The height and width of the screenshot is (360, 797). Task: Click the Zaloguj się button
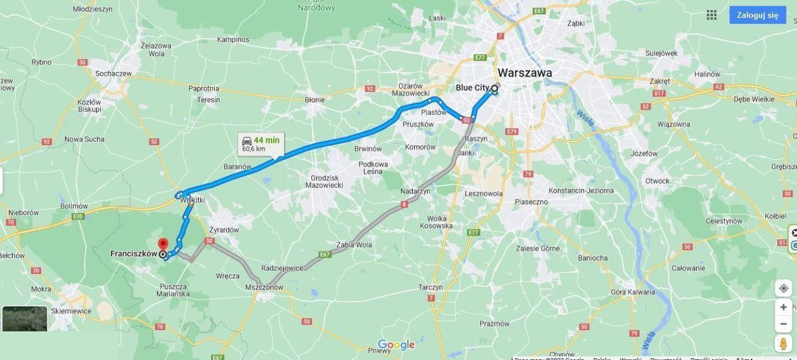click(x=757, y=15)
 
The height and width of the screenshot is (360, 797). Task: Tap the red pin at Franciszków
click(x=163, y=245)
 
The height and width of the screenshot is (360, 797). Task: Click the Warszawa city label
click(x=524, y=73)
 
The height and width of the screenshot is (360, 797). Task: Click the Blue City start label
click(x=473, y=88)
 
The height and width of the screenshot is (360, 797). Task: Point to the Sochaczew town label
click(x=113, y=73)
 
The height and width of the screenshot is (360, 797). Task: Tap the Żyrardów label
click(x=224, y=230)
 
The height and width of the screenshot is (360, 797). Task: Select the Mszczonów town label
click(x=264, y=287)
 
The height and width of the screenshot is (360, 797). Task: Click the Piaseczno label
click(x=531, y=202)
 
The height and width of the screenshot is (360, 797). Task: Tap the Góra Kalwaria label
click(x=633, y=292)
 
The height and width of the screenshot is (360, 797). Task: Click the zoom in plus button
click(x=783, y=307)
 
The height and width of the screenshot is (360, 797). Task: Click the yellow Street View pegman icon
click(x=783, y=343)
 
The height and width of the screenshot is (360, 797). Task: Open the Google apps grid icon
click(x=712, y=15)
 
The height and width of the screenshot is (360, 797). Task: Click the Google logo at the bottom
click(x=396, y=345)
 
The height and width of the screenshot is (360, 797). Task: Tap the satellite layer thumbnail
click(x=25, y=319)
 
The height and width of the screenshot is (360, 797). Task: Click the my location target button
click(x=783, y=288)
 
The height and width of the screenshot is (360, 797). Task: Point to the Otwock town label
click(x=657, y=181)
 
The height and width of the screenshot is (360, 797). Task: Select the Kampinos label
click(x=233, y=40)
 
